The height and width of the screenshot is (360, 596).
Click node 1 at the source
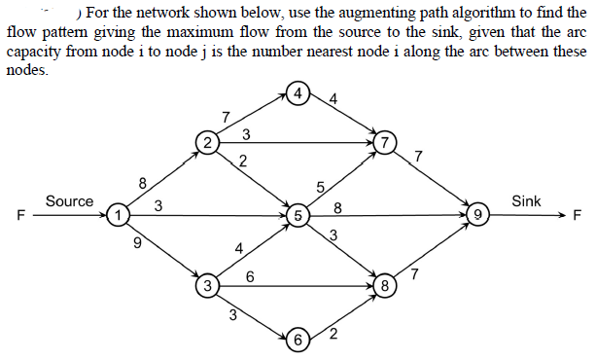[x=118, y=213]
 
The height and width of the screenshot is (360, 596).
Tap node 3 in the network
[x=207, y=286]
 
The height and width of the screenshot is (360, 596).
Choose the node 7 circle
[x=387, y=142]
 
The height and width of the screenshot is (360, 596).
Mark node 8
[x=386, y=286]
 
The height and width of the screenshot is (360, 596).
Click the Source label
[x=69, y=201]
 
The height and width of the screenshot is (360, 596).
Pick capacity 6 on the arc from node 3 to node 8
[x=250, y=276]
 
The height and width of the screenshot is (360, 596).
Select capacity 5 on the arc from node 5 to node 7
[x=320, y=187]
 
